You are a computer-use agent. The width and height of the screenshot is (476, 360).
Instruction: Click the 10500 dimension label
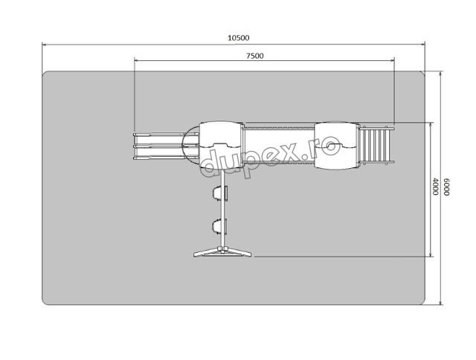point(239,38)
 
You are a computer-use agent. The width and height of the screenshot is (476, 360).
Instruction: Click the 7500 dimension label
point(255,56)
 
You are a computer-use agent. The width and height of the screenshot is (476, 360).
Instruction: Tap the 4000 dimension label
point(435,187)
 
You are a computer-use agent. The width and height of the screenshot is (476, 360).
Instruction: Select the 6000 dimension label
point(446,187)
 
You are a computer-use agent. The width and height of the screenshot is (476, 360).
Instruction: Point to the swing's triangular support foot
point(222,252)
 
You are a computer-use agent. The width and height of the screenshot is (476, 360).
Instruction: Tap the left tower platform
point(221,145)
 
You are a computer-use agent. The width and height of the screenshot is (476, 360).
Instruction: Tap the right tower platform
point(336,145)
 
